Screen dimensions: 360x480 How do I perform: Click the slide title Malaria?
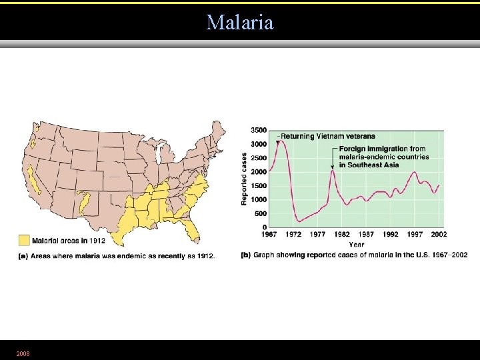(240, 22)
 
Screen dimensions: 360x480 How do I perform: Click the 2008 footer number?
(23, 353)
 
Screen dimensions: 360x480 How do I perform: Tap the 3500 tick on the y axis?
(259, 130)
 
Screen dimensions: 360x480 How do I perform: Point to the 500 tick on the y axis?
(261, 213)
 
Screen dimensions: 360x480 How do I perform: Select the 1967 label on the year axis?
(269, 234)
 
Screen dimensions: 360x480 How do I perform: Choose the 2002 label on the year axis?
(439, 234)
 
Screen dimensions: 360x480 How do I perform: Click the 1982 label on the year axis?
(341, 234)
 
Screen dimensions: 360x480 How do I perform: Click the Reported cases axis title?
(245, 178)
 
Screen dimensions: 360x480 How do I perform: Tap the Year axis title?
(356, 244)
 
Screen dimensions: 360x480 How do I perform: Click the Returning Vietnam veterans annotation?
(327, 137)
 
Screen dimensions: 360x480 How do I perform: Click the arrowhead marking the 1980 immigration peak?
(332, 167)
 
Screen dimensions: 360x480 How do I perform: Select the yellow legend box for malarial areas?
(24, 239)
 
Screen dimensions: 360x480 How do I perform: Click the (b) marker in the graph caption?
(245, 255)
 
